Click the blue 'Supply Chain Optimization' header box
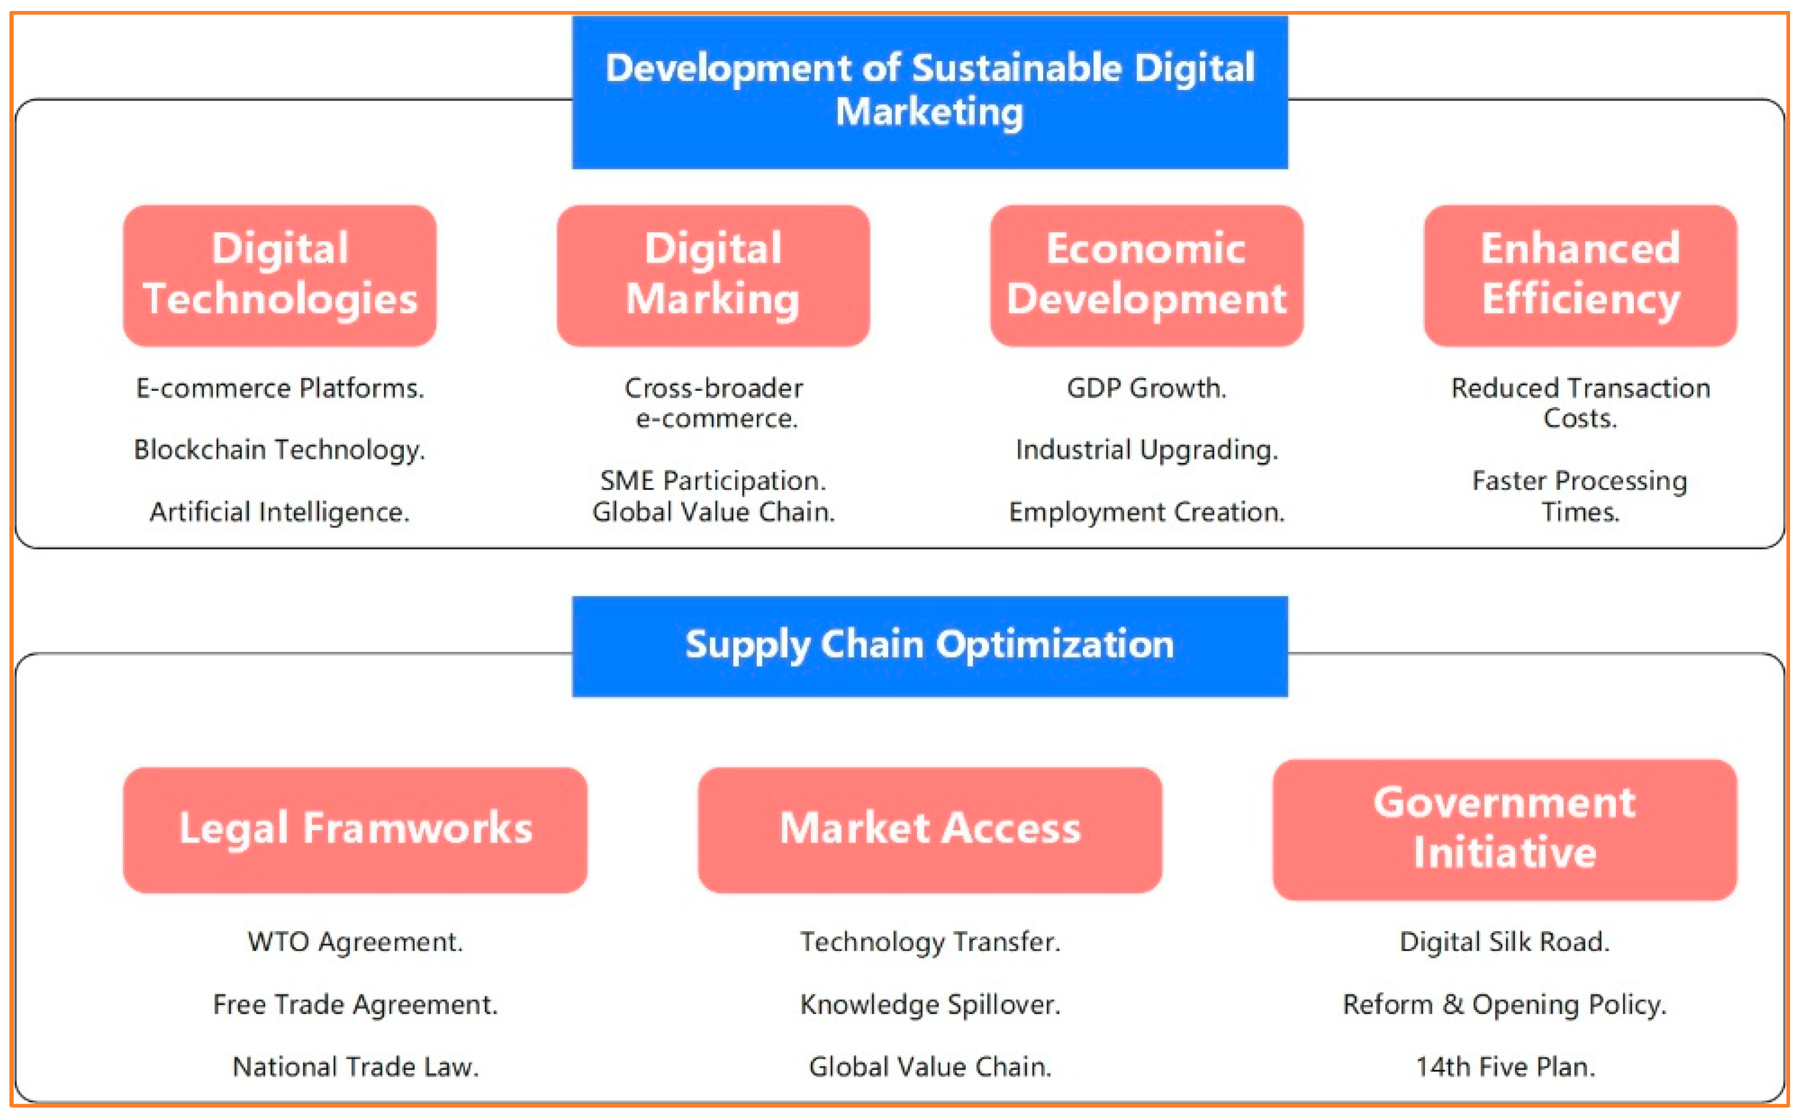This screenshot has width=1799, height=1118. click(x=929, y=646)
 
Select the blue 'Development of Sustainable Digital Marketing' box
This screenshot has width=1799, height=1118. click(x=929, y=92)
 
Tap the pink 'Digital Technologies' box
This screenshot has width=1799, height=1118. click(x=279, y=275)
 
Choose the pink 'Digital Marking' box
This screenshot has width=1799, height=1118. click(x=712, y=275)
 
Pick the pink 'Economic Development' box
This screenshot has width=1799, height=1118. click(x=1146, y=275)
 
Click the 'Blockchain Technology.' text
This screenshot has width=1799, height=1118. click(x=279, y=449)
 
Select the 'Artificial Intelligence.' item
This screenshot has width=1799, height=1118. click(x=279, y=512)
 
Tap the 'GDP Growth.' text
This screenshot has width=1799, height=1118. click(x=1146, y=388)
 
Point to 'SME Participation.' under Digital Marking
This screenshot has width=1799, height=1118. click(x=712, y=481)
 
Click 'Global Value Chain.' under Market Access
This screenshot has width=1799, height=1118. click(x=929, y=1066)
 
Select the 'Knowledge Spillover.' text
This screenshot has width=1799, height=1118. click(x=929, y=1004)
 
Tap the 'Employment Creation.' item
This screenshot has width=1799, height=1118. click(x=1146, y=512)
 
